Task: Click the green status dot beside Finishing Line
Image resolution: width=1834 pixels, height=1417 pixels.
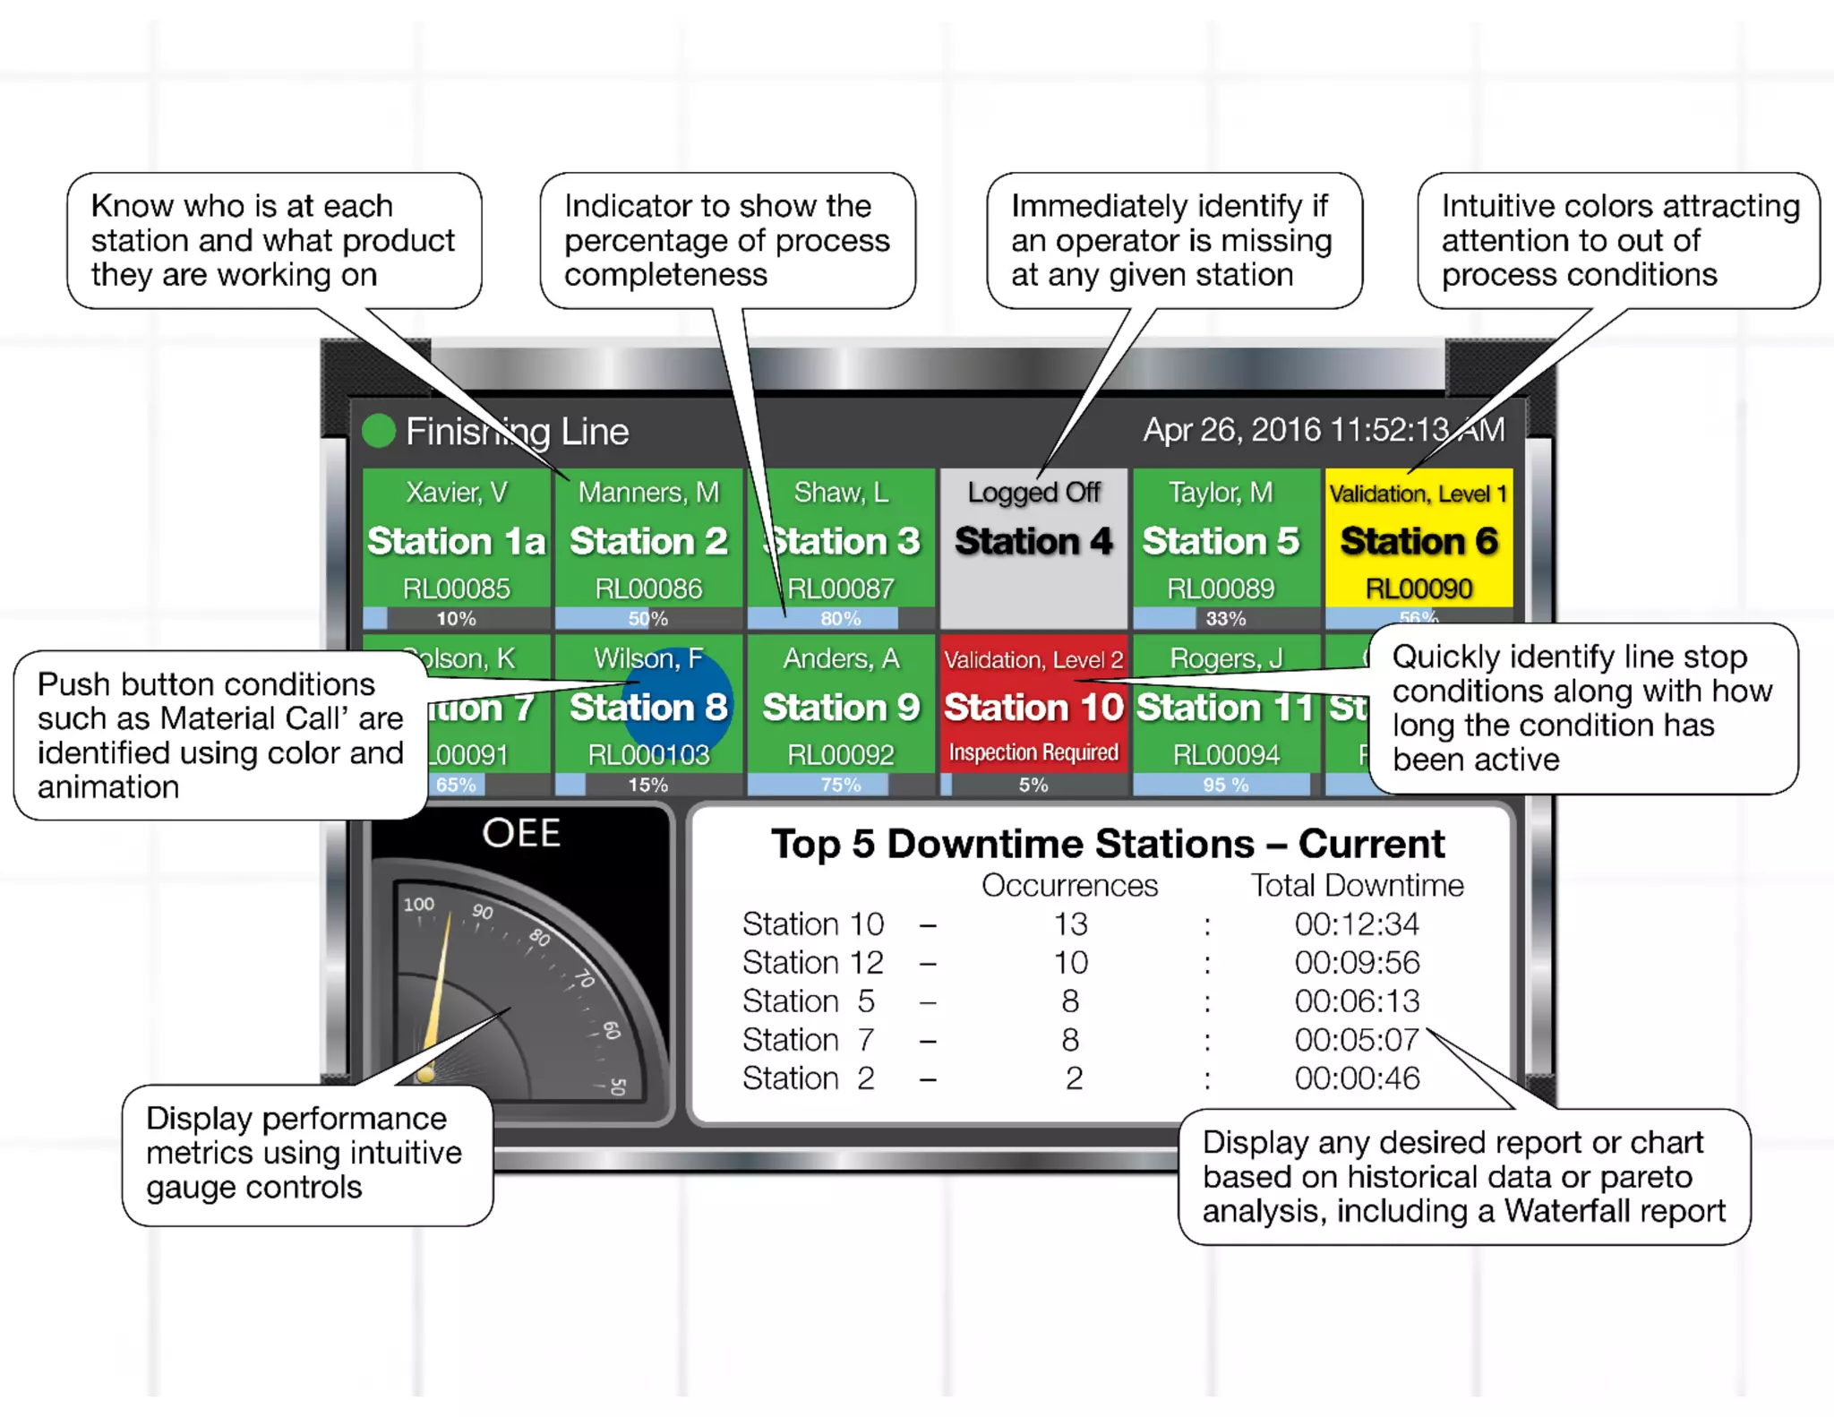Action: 379,431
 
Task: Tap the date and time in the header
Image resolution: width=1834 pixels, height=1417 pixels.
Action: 1323,430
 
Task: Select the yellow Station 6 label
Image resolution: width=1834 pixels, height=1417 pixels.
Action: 1418,541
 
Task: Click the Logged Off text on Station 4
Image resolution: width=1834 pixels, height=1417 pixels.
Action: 1033,493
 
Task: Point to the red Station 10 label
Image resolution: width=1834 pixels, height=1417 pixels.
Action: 1033,708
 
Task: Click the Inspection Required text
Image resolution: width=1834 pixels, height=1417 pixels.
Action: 1033,752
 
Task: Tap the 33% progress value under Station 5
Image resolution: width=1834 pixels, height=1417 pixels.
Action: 1226,618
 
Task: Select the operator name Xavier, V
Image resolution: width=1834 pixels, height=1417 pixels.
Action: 456,493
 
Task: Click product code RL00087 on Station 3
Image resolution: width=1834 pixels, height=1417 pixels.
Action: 840,588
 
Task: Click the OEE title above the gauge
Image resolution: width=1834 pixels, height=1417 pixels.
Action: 521,833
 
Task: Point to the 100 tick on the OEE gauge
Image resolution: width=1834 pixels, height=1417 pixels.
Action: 418,905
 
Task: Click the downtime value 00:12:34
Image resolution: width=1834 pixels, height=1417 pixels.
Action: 1357,923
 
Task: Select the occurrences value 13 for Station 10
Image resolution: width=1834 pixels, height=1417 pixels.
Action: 1070,923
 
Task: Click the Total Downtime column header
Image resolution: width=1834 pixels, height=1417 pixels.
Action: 1357,885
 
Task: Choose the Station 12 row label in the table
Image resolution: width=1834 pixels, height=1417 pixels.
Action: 812,962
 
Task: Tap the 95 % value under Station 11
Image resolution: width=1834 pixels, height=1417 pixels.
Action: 1226,785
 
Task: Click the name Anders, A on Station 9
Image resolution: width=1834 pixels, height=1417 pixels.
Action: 840,658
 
